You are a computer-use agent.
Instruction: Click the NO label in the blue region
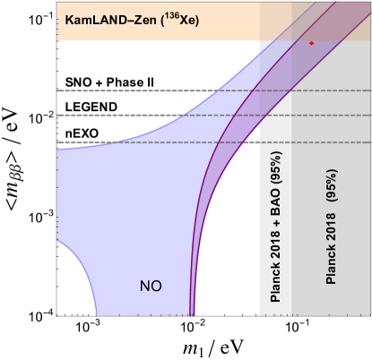pyautogui.click(x=151, y=287)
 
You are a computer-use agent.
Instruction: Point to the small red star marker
pyautogui.click(x=311, y=43)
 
